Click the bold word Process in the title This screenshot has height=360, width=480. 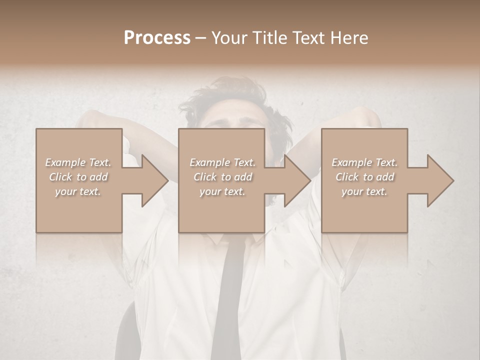point(157,38)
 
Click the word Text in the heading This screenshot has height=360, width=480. point(309,38)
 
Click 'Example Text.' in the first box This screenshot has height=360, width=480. point(78,162)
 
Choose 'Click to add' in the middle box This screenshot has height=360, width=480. point(222,177)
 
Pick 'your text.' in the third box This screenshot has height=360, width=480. point(364,191)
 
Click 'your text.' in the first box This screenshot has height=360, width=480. point(78,191)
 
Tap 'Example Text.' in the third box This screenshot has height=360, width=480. point(364,162)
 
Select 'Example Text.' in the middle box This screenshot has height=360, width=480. point(222,162)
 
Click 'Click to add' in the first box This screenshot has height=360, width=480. point(78,177)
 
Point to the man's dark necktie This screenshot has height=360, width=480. point(231,290)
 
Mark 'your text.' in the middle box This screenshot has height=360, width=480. point(222,191)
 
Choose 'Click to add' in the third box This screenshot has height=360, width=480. point(364,177)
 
